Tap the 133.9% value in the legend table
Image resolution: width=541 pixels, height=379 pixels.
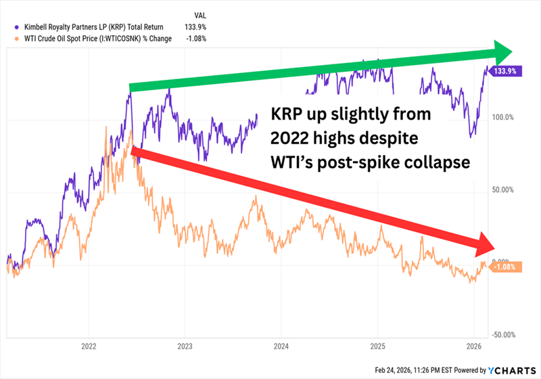(195, 26)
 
